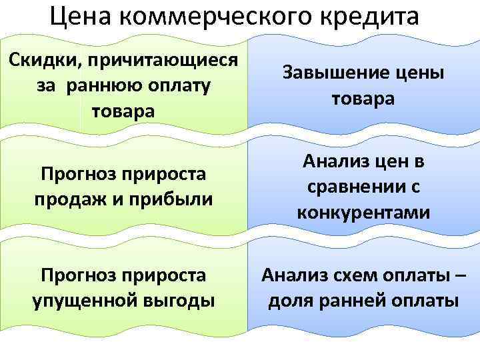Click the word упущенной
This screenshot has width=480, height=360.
(83, 301)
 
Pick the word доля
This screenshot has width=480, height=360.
(289, 301)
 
